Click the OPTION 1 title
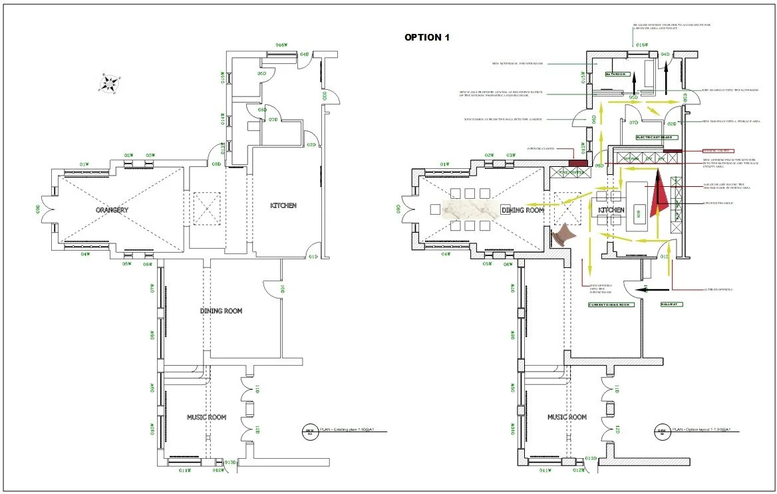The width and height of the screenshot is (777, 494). point(427,37)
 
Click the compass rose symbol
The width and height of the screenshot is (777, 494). point(110,83)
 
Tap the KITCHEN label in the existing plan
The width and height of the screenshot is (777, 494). point(283,205)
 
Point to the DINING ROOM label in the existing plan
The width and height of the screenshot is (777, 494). point(221,310)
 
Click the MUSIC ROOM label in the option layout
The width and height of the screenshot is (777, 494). point(567,417)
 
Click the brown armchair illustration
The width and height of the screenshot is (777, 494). point(563,235)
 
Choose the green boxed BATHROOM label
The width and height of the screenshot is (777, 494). point(616,74)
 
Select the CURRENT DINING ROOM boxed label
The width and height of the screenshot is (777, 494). point(609,305)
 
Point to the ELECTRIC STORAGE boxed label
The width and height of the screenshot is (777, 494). point(657,138)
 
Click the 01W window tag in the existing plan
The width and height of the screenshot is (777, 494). point(84,164)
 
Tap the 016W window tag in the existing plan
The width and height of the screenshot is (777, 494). point(281,45)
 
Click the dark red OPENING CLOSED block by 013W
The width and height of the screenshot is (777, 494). point(575,162)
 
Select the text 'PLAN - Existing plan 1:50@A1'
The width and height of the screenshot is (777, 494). point(352,430)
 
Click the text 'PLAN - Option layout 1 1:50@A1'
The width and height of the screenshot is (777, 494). point(702,430)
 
